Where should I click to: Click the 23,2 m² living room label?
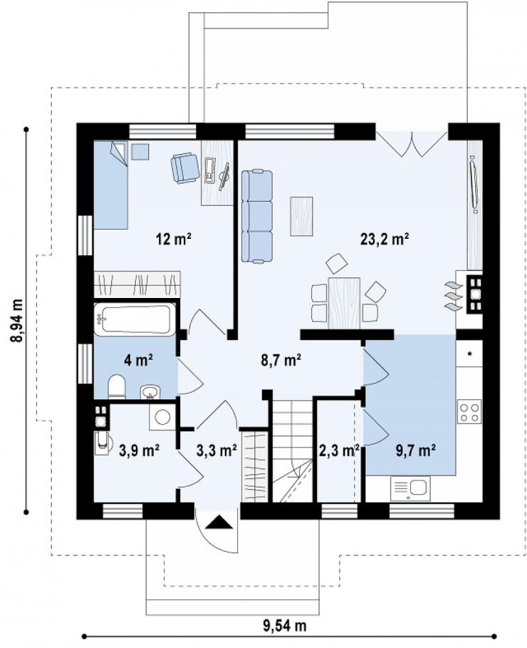pos(384,239)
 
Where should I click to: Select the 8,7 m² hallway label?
pos(280,361)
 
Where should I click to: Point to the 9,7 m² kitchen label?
pos(416,450)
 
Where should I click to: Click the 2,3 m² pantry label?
pos(339,451)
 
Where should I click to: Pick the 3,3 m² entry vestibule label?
pos(216,451)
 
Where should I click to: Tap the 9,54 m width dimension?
pos(285,625)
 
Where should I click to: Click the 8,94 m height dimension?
pos(17,320)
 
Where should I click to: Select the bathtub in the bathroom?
pos(135,319)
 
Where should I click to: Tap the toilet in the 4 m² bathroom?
pos(117,387)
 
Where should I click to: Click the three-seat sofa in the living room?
pos(257,216)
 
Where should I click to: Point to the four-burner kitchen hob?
pos(469,411)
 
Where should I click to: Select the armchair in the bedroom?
pos(183,168)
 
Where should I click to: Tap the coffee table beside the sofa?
pos(301,216)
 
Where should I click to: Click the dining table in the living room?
pos(344,304)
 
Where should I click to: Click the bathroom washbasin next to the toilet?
pos(150,391)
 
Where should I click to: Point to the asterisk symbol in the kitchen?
pos(469,354)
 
